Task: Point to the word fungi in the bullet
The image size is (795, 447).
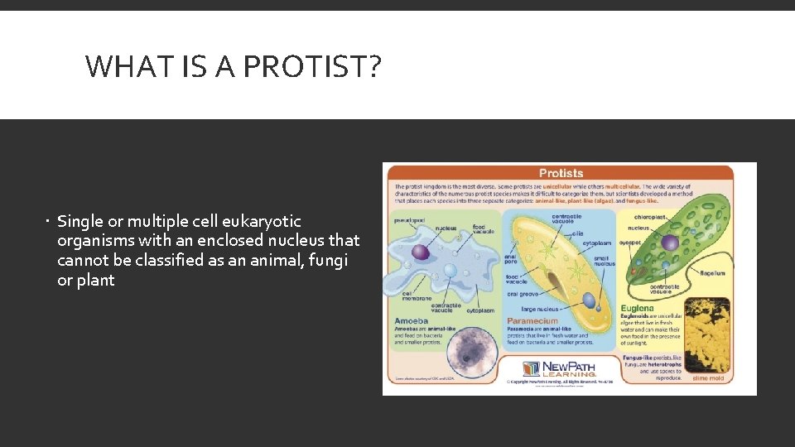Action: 328,261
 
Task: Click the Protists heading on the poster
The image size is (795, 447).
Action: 561,173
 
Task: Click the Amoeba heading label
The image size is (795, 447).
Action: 412,320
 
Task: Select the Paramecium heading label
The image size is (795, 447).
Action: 532,320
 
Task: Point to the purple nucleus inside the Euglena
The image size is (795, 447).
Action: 669,243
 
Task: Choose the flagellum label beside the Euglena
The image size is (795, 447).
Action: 711,272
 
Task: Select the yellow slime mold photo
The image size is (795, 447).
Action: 706,334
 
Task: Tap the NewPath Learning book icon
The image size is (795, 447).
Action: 531,368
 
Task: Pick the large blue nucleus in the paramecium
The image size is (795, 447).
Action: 587,300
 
